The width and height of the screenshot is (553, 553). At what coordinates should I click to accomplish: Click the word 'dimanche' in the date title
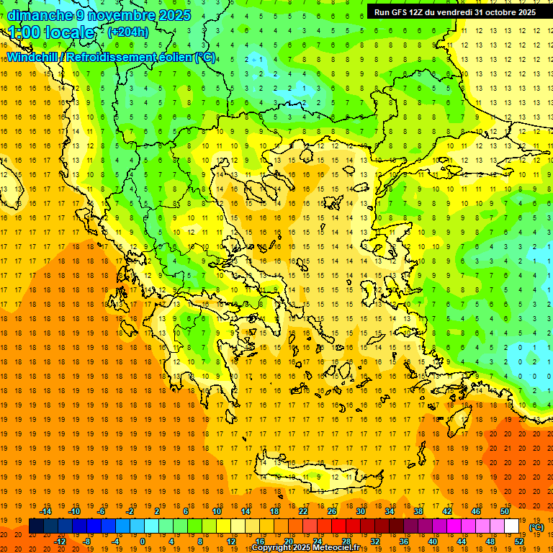[x=40, y=15]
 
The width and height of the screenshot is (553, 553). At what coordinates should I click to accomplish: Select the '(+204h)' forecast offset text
[x=128, y=32]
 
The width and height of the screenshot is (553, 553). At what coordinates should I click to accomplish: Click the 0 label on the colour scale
[x=143, y=541]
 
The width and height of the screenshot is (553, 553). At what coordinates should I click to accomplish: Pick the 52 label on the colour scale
[x=519, y=541]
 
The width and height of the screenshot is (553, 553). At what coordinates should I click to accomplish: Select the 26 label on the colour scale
[x=332, y=511]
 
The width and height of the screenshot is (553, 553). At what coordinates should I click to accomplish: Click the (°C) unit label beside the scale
[x=536, y=527]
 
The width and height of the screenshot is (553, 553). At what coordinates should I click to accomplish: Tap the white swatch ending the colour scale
[x=511, y=526]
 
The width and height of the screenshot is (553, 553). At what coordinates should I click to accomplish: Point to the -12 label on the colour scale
[x=60, y=541]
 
